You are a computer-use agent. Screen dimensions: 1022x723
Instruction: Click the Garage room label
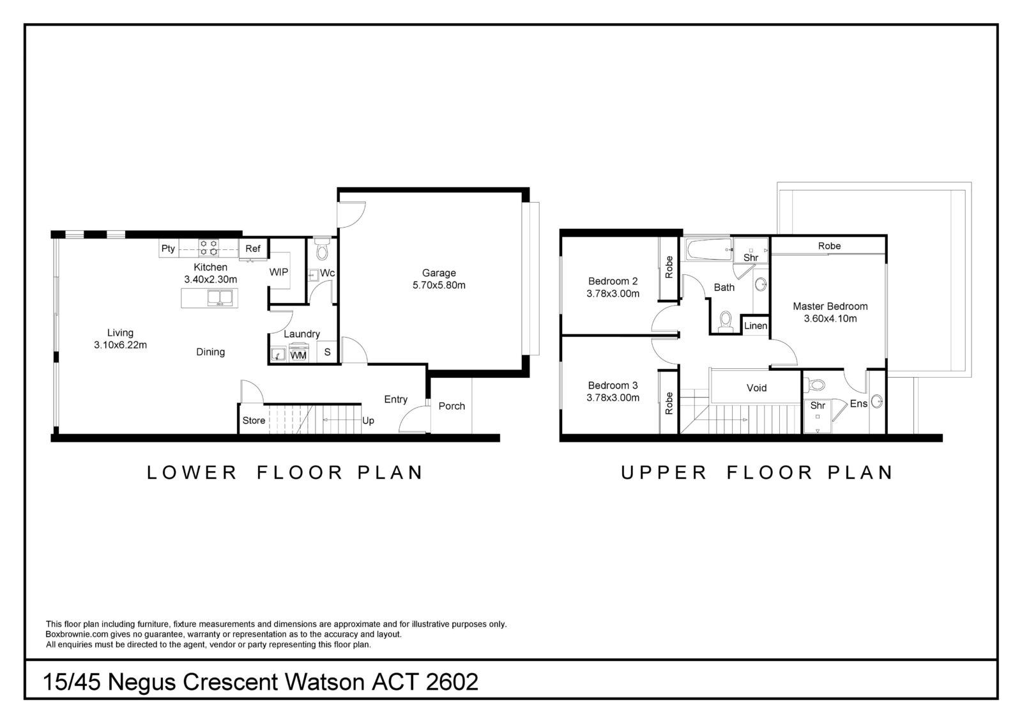tap(439, 273)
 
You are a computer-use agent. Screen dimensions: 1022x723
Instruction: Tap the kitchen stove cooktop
tap(209, 248)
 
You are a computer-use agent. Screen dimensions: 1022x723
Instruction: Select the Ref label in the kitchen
tap(253, 249)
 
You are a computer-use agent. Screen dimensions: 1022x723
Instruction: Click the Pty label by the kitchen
tap(168, 249)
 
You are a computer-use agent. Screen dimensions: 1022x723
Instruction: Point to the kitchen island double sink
tap(220, 298)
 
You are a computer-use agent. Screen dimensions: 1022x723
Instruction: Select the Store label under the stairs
tap(254, 420)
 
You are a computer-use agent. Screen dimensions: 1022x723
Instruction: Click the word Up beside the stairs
tap(368, 421)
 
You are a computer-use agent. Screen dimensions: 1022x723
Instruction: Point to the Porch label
tap(452, 406)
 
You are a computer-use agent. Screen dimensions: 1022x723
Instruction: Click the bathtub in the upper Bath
tap(709, 249)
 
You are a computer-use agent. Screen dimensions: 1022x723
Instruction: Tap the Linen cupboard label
tap(756, 325)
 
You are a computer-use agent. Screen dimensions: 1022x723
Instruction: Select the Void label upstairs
tap(756, 388)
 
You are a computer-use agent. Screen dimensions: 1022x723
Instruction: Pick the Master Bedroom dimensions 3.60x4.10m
tap(830, 319)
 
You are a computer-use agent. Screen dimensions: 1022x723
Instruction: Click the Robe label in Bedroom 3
tap(669, 403)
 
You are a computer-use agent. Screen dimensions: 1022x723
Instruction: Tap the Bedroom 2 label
tap(613, 281)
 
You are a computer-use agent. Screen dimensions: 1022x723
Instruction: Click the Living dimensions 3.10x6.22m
tap(121, 345)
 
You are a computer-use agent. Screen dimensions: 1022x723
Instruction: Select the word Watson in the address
tap(325, 682)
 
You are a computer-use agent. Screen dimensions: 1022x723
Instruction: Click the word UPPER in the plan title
tap(664, 472)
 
